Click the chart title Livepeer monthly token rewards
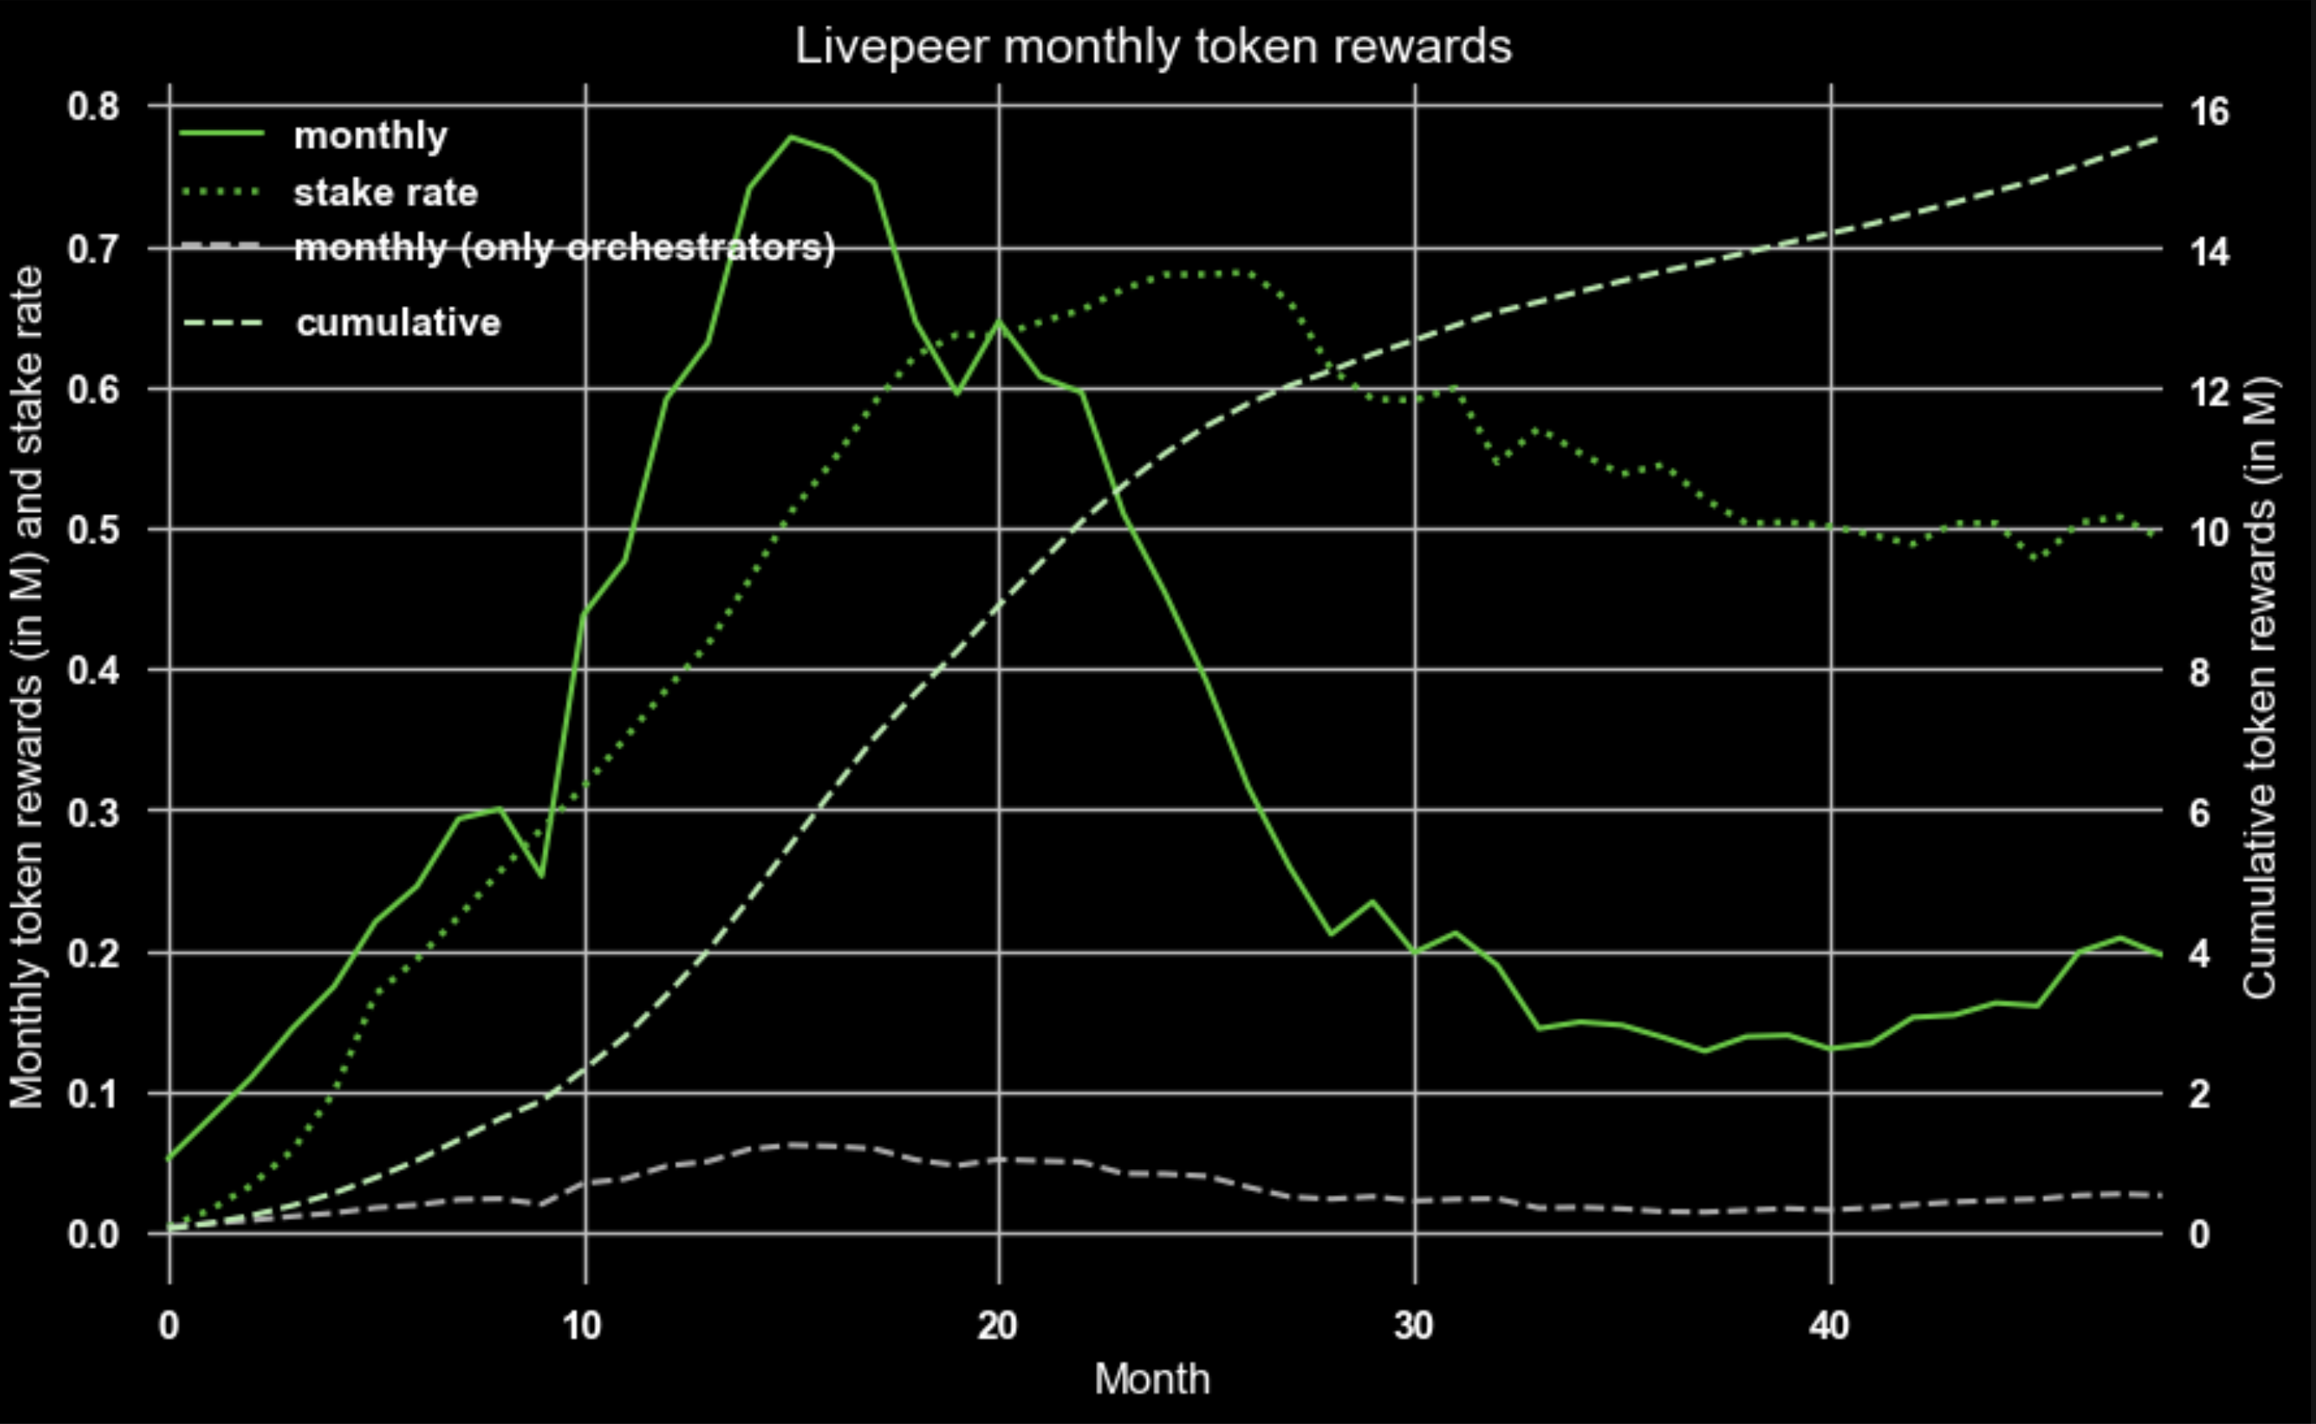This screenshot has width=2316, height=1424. pyautogui.click(x=1152, y=47)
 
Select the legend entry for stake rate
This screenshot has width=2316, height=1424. pyautogui.click(x=385, y=193)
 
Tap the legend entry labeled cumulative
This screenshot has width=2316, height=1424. pyautogui.click(x=398, y=323)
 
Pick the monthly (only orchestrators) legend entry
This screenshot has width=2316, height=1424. pyautogui.click(x=563, y=247)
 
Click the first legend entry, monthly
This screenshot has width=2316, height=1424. pyautogui.click(x=370, y=136)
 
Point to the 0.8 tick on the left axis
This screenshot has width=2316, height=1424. pyautogui.click(x=94, y=107)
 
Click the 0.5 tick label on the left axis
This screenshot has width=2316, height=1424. pyautogui.click(x=94, y=529)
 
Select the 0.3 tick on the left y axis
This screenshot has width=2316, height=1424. pyautogui.click(x=94, y=811)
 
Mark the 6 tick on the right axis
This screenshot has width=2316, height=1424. pyautogui.click(x=2199, y=813)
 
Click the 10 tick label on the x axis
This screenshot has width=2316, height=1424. pyautogui.click(x=582, y=1326)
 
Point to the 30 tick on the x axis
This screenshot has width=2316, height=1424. pyautogui.click(x=1413, y=1326)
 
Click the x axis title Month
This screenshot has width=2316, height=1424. pyautogui.click(x=1151, y=1380)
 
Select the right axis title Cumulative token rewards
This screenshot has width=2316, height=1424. pyautogui.click(x=2260, y=688)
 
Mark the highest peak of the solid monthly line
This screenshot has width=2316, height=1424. pyautogui.click(x=792, y=137)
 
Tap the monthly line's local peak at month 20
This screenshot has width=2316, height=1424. pyautogui.click(x=999, y=321)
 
